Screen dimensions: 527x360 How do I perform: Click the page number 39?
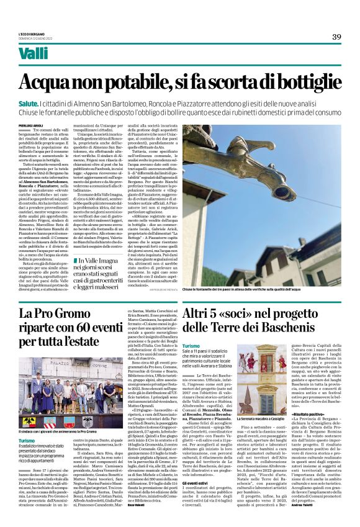(336, 37)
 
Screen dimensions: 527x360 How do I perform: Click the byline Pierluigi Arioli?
(32, 125)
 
